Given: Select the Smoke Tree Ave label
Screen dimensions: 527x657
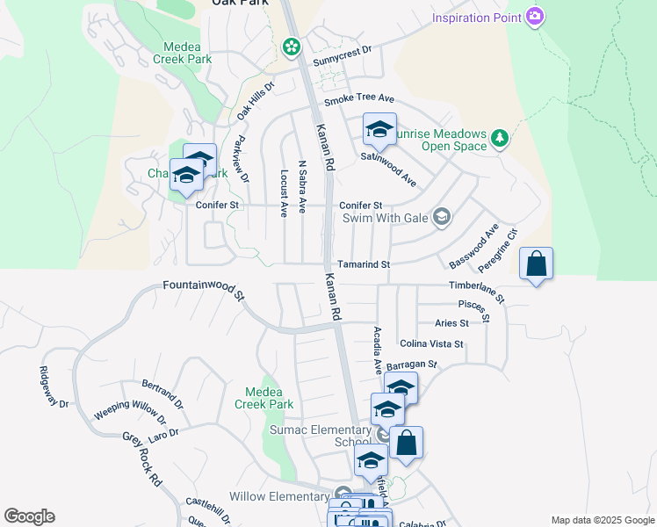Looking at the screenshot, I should pos(358,100).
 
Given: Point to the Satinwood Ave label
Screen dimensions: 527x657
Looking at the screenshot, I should pos(388,169).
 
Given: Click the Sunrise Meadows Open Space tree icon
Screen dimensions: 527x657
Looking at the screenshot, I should pos(500,137).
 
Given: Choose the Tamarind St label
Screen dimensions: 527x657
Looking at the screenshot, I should pos(363,264).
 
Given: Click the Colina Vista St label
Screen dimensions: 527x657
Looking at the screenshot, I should pos(430,344).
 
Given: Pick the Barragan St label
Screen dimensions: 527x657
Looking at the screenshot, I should pos(411,364).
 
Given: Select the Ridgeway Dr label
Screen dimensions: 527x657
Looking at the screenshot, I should pos(53,386).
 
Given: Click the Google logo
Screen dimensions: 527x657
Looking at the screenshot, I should pos(29,516).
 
